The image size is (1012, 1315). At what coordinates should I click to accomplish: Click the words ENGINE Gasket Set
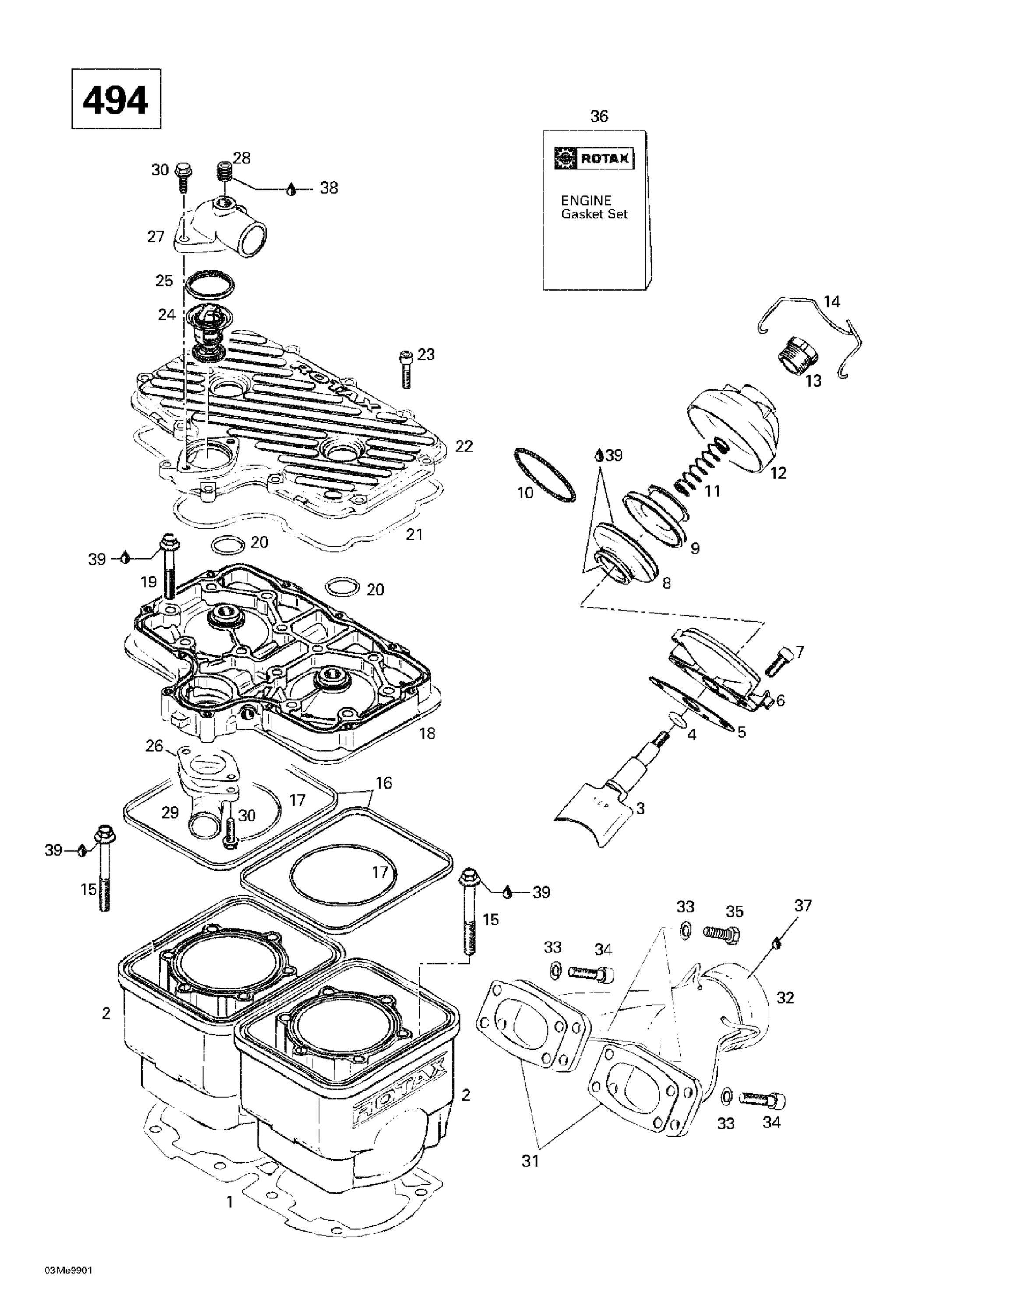(594, 207)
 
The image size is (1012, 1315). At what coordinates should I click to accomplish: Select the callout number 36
(599, 116)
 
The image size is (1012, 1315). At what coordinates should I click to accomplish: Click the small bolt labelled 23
(406, 369)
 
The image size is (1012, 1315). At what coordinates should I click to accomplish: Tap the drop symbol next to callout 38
(291, 189)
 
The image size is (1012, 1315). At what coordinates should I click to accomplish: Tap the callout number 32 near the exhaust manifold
(785, 998)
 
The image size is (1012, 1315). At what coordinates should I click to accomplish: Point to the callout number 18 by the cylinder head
(427, 733)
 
